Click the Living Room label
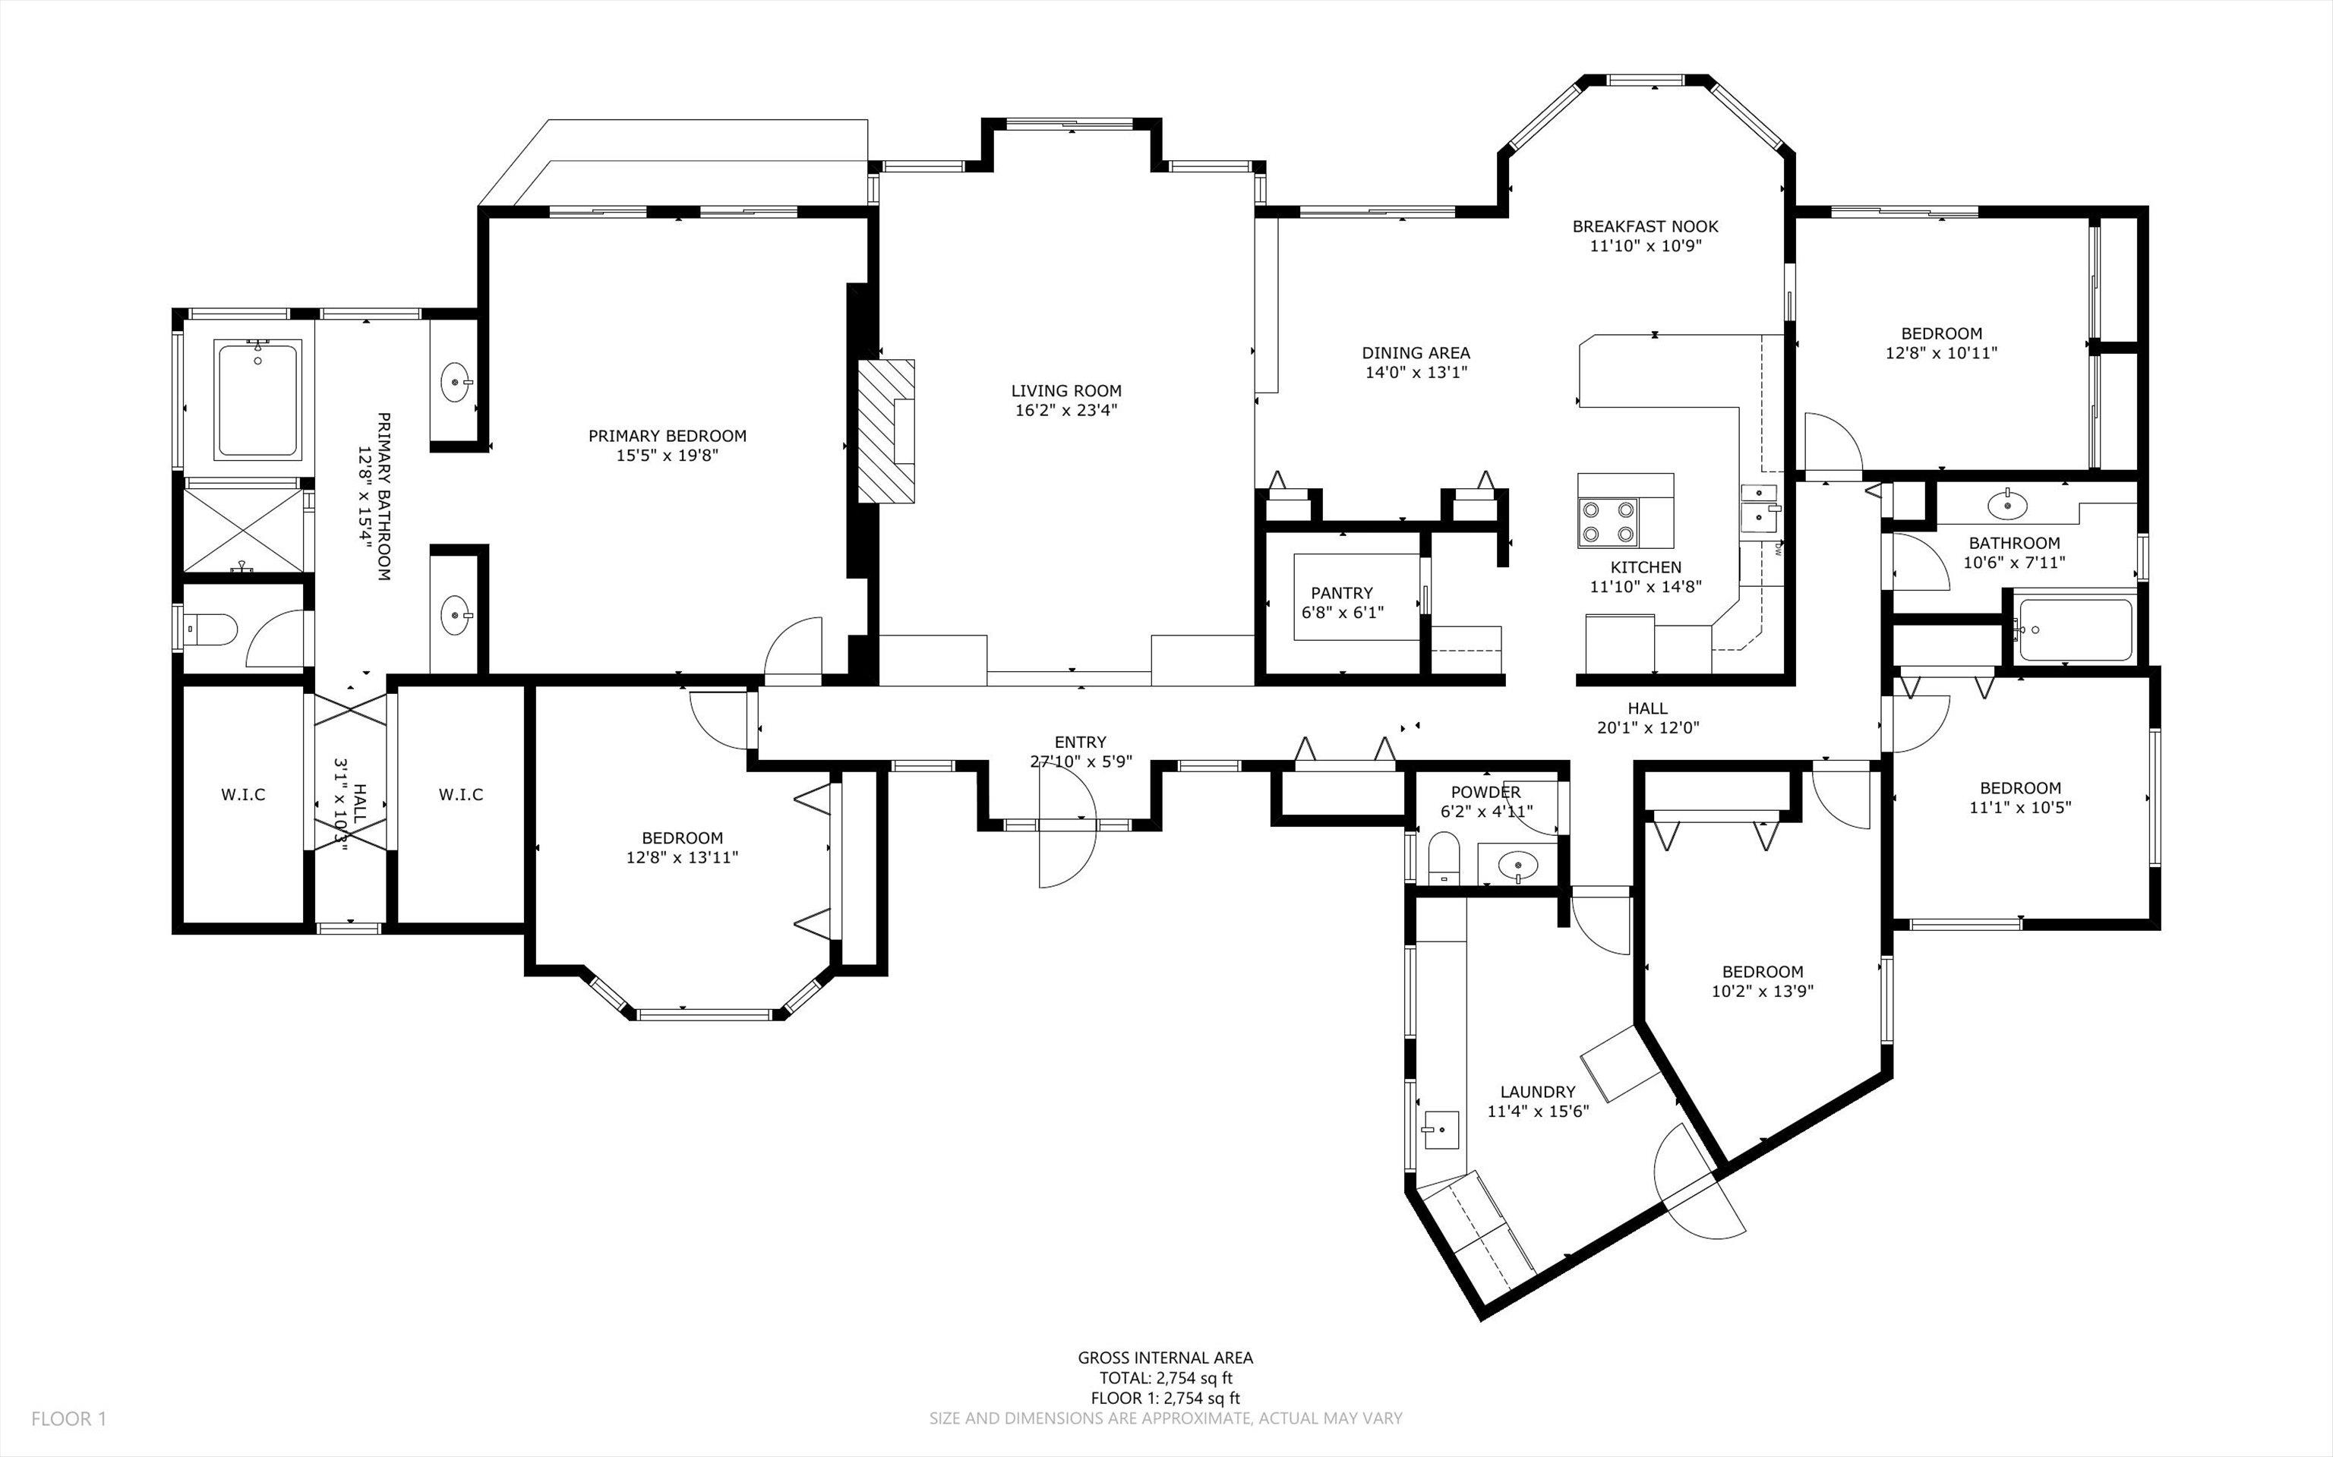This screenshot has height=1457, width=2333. (1065, 391)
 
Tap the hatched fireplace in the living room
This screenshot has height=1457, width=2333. (886, 430)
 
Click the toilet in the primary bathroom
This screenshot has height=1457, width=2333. (211, 630)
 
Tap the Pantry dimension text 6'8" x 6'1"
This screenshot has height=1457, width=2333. (1341, 612)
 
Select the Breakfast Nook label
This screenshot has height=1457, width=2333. (1645, 226)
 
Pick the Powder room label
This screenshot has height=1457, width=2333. (1486, 792)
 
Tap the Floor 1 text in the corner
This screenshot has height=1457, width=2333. (68, 1418)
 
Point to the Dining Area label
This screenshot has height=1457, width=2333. (1416, 353)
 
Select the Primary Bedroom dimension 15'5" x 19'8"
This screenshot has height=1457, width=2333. (668, 455)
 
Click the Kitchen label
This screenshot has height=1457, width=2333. (1646, 568)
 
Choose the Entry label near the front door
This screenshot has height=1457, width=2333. (1080, 742)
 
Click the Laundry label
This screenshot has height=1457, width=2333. (1538, 1092)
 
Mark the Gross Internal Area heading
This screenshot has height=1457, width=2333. (1165, 1358)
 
